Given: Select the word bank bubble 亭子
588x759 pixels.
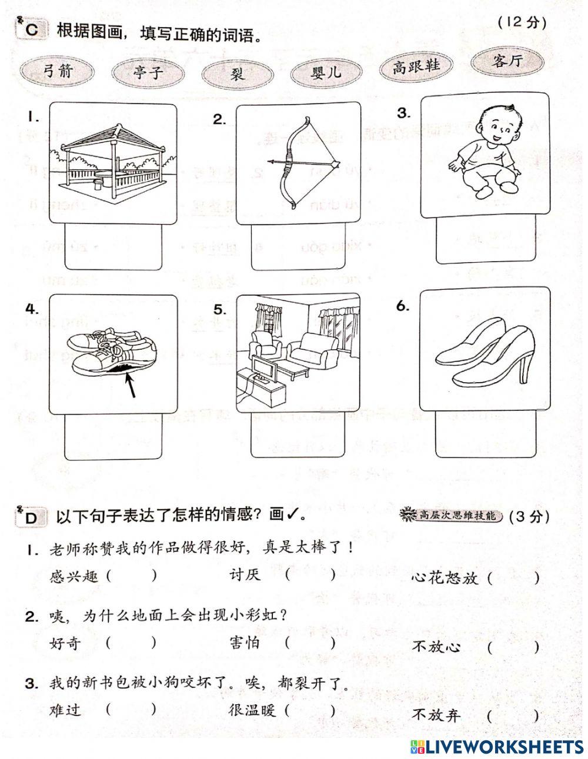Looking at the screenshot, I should pyautogui.click(x=148, y=73).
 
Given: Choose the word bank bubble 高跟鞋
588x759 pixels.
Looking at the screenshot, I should pyautogui.click(x=416, y=66).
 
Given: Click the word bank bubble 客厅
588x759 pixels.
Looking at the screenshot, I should pyautogui.click(x=507, y=60).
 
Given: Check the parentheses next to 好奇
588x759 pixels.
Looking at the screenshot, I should pyautogui.click(x=132, y=643).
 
